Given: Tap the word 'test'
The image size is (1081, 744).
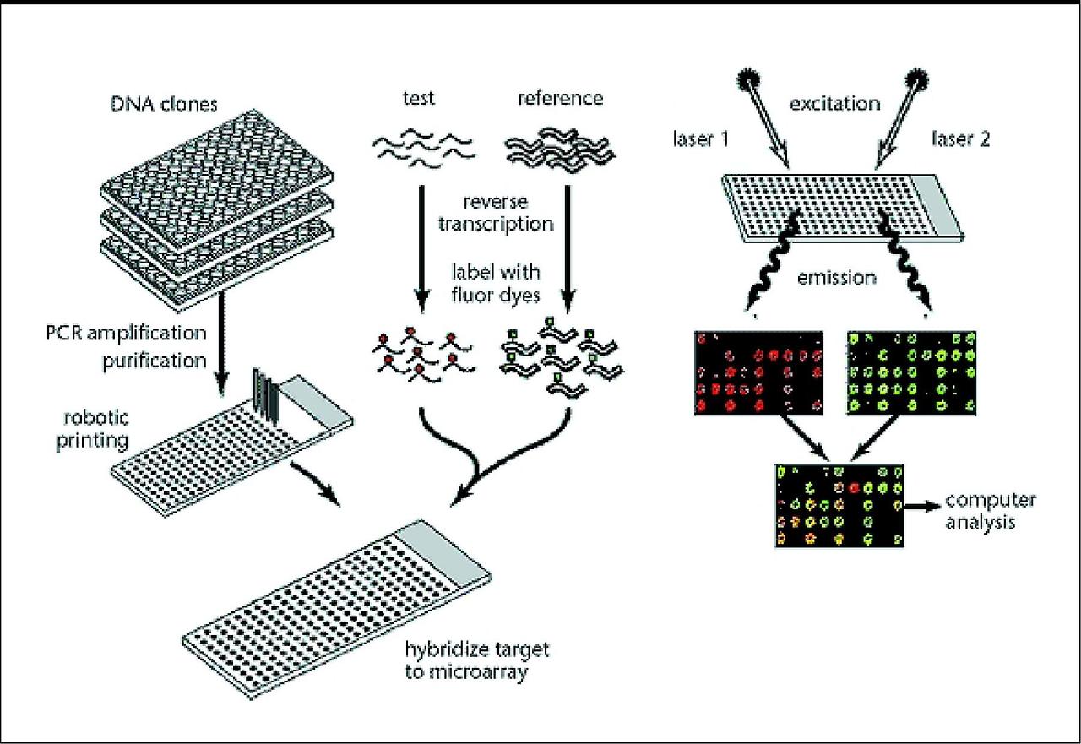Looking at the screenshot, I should (x=418, y=98).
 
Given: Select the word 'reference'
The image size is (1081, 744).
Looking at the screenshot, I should (x=562, y=98).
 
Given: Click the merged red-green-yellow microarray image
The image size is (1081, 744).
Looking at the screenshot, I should (x=839, y=504).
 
